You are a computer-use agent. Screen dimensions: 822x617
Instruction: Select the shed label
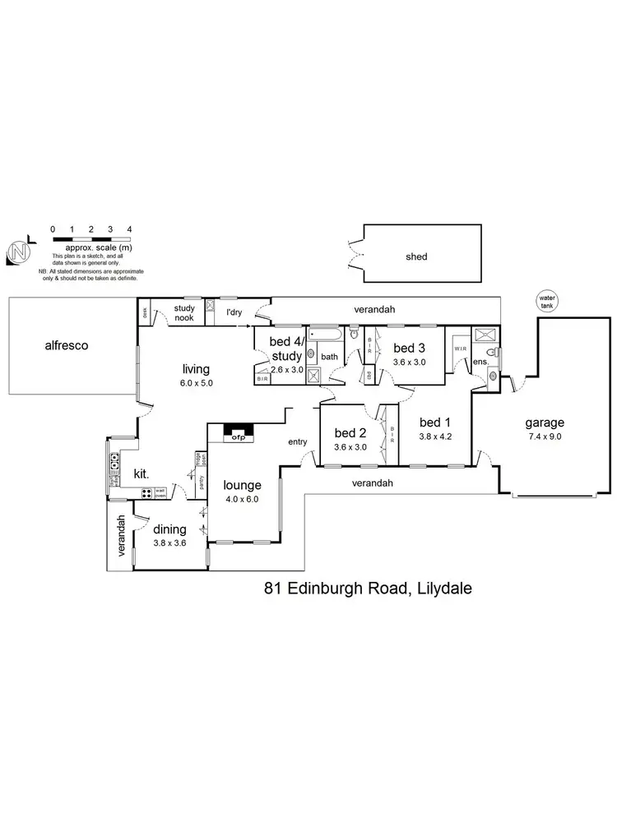click(x=416, y=256)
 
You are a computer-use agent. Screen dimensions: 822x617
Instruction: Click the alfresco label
click(x=66, y=346)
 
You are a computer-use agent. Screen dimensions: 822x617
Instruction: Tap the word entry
click(x=297, y=442)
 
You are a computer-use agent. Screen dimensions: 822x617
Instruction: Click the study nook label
click(x=183, y=313)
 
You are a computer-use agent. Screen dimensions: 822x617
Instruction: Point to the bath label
click(x=329, y=357)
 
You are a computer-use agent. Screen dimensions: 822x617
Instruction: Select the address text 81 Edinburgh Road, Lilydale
click(x=366, y=588)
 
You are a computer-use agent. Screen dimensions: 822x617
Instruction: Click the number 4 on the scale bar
click(x=129, y=229)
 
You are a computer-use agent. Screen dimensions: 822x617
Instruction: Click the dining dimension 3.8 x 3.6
click(x=170, y=543)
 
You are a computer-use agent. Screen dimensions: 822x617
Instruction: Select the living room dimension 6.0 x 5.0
click(x=197, y=383)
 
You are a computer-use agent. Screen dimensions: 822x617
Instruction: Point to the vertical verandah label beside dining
click(x=120, y=536)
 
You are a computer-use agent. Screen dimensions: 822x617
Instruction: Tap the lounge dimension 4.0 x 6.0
click(x=243, y=499)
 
